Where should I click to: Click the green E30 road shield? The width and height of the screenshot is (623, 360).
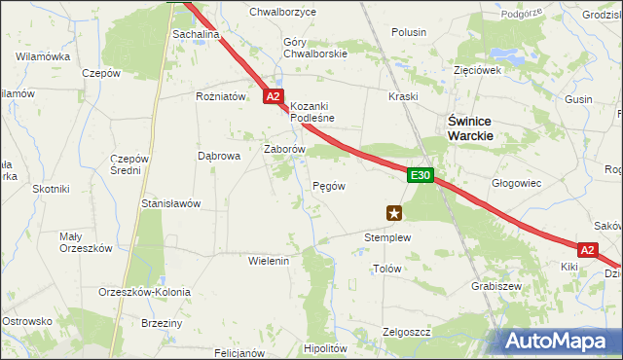(420, 175)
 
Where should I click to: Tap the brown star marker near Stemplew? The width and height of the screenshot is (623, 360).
(394, 212)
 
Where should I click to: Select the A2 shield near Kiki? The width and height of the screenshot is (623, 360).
(587, 249)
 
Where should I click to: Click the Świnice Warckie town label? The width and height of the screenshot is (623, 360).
(470, 128)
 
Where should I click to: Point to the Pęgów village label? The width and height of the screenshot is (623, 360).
(329, 185)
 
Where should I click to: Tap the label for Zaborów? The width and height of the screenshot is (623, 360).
(286, 149)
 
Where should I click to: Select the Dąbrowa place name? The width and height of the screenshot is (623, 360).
(219, 155)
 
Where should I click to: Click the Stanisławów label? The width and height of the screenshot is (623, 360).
(171, 203)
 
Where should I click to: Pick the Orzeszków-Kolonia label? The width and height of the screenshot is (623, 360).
(145, 291)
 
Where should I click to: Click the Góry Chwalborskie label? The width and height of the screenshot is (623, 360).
(314, 48)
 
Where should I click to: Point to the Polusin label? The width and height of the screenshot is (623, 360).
(409, 33)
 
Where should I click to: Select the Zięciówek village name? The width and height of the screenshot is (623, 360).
(477, 70)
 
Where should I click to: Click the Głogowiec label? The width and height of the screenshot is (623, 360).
(516, 182)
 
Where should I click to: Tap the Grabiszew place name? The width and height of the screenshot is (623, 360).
(496, 287)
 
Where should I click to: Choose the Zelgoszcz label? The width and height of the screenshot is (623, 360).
(407, 332)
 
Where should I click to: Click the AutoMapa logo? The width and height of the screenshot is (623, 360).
(562, 342)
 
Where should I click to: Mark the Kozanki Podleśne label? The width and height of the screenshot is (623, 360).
(312, 112)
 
